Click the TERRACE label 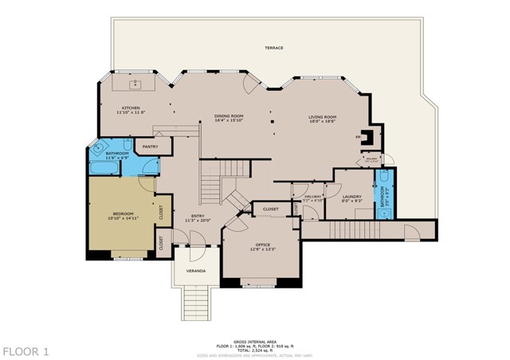tap(273, 48)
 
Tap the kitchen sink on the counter tap(132, 82)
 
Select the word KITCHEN tap(131, 108)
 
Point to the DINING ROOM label tap(229, 116)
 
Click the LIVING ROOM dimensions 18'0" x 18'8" tap(323, 122)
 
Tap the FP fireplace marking tap(359, 137)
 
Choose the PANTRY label tap(150, 147)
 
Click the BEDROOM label tap(122, 213)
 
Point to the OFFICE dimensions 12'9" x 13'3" tap(263, 249)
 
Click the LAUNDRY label tap(351, 197)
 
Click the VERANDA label tap(196, 272)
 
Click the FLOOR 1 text tap(25, 350)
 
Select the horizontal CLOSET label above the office tap(269, 210)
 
